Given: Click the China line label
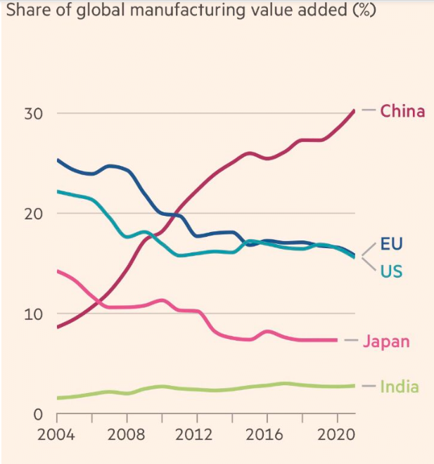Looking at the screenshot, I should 402,111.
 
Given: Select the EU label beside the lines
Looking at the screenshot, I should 392,244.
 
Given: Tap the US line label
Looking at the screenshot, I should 391,271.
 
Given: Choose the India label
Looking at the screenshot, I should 399,387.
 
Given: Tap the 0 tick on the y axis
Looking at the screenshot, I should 39,414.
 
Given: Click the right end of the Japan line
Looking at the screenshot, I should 337,340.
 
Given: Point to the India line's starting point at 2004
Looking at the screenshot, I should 58,398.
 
